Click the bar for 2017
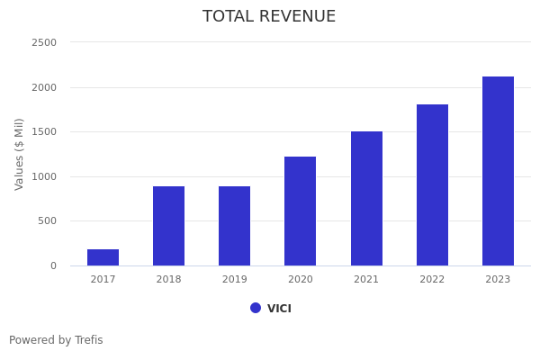pyautogui.click(x=103, y=257)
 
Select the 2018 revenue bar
pyautogui.click(x=168, y=226)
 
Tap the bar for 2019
pyautogui.click(x=234, y=226)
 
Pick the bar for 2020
pyautogui.click(x=300, y=211)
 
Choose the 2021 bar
pyautogui.click(x=366, y=199)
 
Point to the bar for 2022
pyautogui.click(x=432, y=185)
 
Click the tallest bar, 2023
pyautogui.click(x=498, y=171)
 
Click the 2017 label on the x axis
pyautogui.click(x=103, y=280)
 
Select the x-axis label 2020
pyautogui.click(x=300, y=280)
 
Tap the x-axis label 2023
pyautogui.click(x=498, y=280)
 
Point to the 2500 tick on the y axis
pyautogui.click(x=43, y=43)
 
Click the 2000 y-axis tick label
pyautogui.click(x=43, y=87)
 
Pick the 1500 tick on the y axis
pyautogui.click(x=43, y=132)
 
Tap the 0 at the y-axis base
pyautogui.click(x=52, y=265)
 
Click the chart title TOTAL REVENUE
pyautogui.click(x=269, y=17)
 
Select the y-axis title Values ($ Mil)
pyautogui.click(x=20, y=154)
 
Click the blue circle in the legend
pyautogui.click(x=256, y=308)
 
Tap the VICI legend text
pyautogui.click(x=279, y=309)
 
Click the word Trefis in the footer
pyautogui.click(x=87, y=340)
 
